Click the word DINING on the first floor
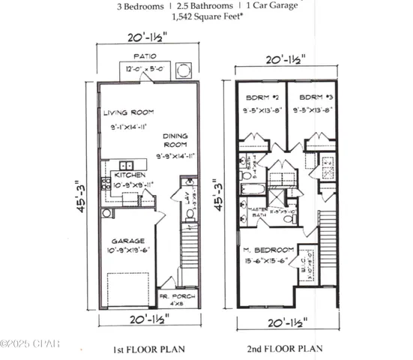[176, 136]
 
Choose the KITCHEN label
[129, 174]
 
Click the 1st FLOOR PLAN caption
[150, 349]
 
